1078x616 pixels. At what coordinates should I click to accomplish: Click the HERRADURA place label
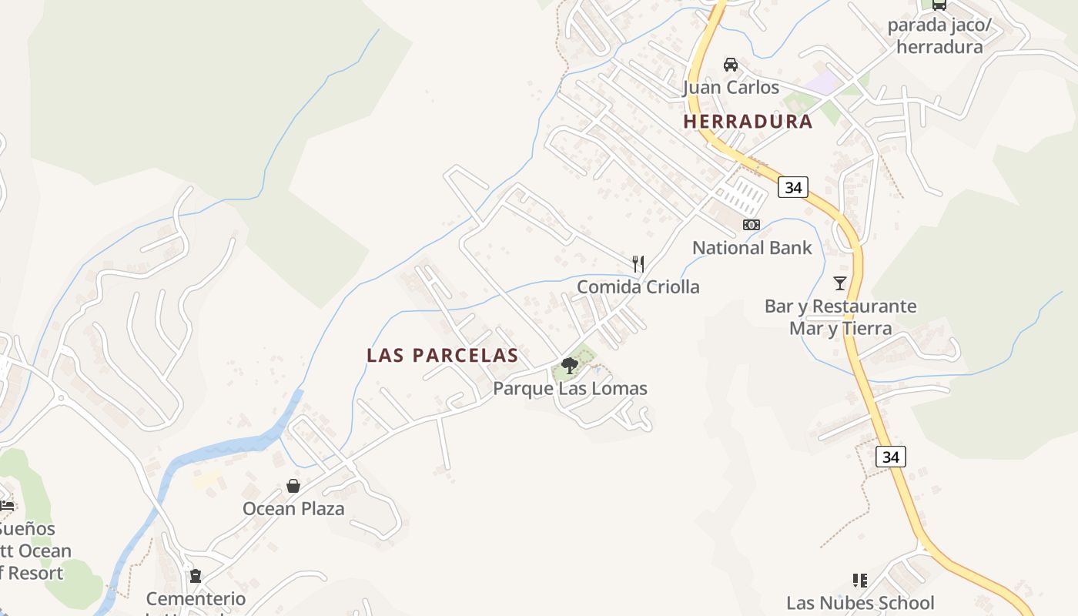pos(748,122)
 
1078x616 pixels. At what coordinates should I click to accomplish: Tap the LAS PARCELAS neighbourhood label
pos(442,355)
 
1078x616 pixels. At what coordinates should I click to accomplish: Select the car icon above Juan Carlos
pos(731,65)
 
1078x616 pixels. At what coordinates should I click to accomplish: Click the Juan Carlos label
pos(731,88)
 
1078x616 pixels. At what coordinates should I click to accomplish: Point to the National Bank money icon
pos(751,225)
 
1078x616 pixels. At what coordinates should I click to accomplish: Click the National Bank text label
pos(752,248)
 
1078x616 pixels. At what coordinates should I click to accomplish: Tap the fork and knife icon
pos(638,264)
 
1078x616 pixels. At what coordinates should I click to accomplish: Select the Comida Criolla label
pos(638,287)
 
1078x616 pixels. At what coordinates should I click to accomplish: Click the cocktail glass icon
pos(840,283)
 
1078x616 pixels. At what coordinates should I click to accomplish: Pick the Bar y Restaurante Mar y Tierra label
pos(840,317)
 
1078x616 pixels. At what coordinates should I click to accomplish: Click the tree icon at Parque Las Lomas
pos(570,366)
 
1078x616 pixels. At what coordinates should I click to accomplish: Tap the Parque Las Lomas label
pos(570,389)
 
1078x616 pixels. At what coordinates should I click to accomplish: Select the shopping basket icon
pos(293,486)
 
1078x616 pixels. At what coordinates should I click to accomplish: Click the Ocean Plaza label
pos(293,509)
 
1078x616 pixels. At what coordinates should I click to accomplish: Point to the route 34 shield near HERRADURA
pos(792,187)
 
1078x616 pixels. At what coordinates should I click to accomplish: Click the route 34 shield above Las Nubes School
pos(891,457)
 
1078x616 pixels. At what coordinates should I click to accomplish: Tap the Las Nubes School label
pos(860,603)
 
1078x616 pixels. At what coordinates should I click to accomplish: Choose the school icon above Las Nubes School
pos(860,580)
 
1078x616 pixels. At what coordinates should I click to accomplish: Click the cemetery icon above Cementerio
pos(196,575)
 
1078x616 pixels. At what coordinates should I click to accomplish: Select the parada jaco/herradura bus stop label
pos(939,36)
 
